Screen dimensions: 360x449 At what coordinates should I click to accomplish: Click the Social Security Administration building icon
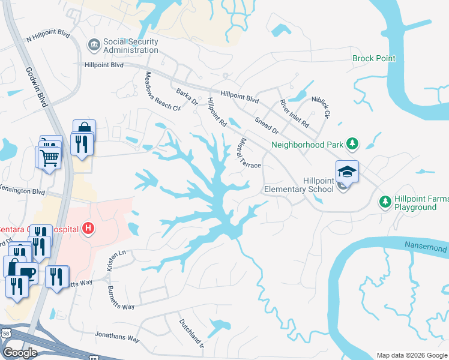94,45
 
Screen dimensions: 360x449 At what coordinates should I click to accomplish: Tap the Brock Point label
373,58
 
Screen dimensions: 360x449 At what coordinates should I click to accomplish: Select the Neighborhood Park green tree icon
354,144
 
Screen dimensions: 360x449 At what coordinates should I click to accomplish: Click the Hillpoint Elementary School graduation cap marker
347,172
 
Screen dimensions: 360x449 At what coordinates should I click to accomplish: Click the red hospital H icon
88,229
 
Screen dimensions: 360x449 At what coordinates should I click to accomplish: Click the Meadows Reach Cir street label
163,91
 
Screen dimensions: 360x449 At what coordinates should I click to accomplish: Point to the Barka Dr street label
187,97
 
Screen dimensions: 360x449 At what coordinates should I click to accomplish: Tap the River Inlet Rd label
294,115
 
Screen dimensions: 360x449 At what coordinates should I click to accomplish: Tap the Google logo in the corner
20,352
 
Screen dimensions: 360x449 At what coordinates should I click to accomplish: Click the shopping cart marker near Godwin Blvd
49,158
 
